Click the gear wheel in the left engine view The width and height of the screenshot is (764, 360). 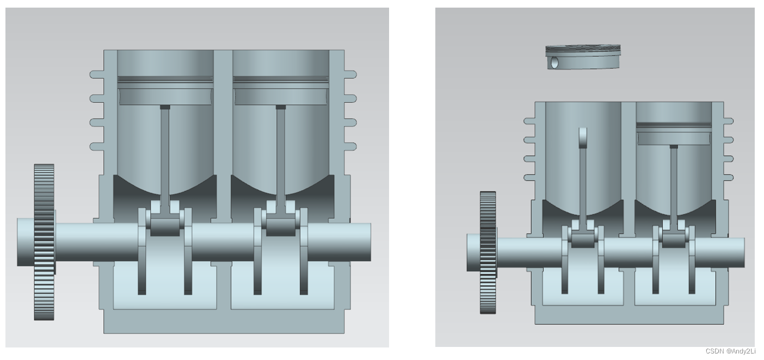click(44, 242)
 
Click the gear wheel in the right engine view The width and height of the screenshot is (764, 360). click(488, 252)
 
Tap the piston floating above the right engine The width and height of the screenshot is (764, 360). click(583, 57)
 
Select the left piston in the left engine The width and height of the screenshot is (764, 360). click(165, 90)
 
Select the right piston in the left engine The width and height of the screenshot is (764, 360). click(281, 90)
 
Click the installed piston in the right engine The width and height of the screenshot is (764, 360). click(674, 133)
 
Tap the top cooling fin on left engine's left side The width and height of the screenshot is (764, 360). click(97, 75)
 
